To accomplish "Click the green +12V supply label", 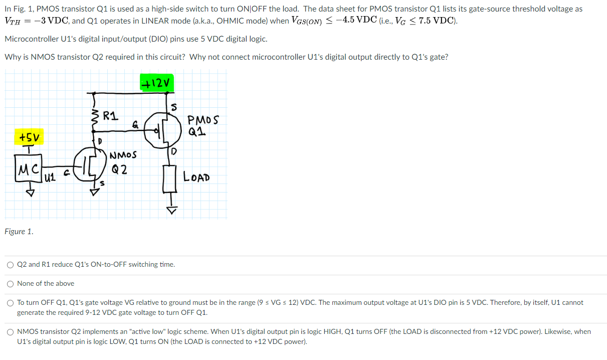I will coord(157,82).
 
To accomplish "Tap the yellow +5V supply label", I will coord(30,137).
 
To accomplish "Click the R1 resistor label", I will coord(110,116).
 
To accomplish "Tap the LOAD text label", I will coord(196,177).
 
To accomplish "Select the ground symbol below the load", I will coord(172,211).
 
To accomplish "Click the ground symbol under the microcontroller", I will coord(31,193).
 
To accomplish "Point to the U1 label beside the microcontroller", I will coord(49,177).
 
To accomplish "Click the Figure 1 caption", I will coord(19,231).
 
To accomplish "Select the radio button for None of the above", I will coord(11,284).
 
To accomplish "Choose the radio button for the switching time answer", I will coord(11,265).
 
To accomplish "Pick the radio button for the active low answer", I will coord(11,332).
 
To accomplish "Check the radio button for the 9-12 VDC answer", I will coord(11,303).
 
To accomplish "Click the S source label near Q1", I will coord(174,106).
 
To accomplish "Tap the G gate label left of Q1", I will coord(135,124).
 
